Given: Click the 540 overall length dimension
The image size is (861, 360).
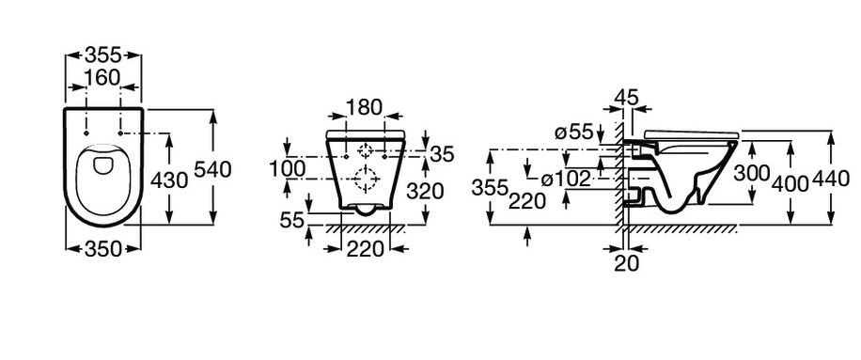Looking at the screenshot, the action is click(x=213, y=169).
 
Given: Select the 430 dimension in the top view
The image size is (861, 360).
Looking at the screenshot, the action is click(x=169, y=180).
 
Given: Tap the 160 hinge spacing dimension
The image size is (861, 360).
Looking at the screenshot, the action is click(x=102, y=78).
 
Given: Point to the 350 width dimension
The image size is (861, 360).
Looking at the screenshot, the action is click(x=102, y=249).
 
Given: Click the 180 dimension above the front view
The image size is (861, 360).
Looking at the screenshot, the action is click(x=364, y=107).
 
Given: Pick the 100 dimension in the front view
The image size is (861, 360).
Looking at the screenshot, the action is click(x=288, y=168).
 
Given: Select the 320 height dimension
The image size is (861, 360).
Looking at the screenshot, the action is click(x=425, y=191).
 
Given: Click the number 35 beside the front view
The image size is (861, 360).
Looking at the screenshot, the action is click(x=443, y=154).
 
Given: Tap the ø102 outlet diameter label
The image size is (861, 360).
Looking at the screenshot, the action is click(x=565, y=179).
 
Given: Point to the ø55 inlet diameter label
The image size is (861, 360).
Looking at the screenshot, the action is click(x=573, y=133).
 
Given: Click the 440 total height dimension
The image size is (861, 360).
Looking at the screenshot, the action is click(x=832, y=179).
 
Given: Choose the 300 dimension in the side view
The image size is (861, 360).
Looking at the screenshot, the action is click(x=752, y=173).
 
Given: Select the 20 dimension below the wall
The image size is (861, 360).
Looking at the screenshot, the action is click(x=627, y=263).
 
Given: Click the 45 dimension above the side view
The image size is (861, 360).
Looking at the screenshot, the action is click(x=627, y=97).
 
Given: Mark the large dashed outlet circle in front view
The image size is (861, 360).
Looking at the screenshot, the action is click(x=365, y=179).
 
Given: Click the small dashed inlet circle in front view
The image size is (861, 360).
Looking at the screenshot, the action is click(x=365, y=149).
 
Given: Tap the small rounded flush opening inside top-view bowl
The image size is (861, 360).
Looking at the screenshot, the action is click(x=102, y=164).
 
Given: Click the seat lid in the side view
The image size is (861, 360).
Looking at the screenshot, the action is click(x=692, y=133).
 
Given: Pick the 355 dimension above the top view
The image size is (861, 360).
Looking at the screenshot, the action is click(x=102, y=55).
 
